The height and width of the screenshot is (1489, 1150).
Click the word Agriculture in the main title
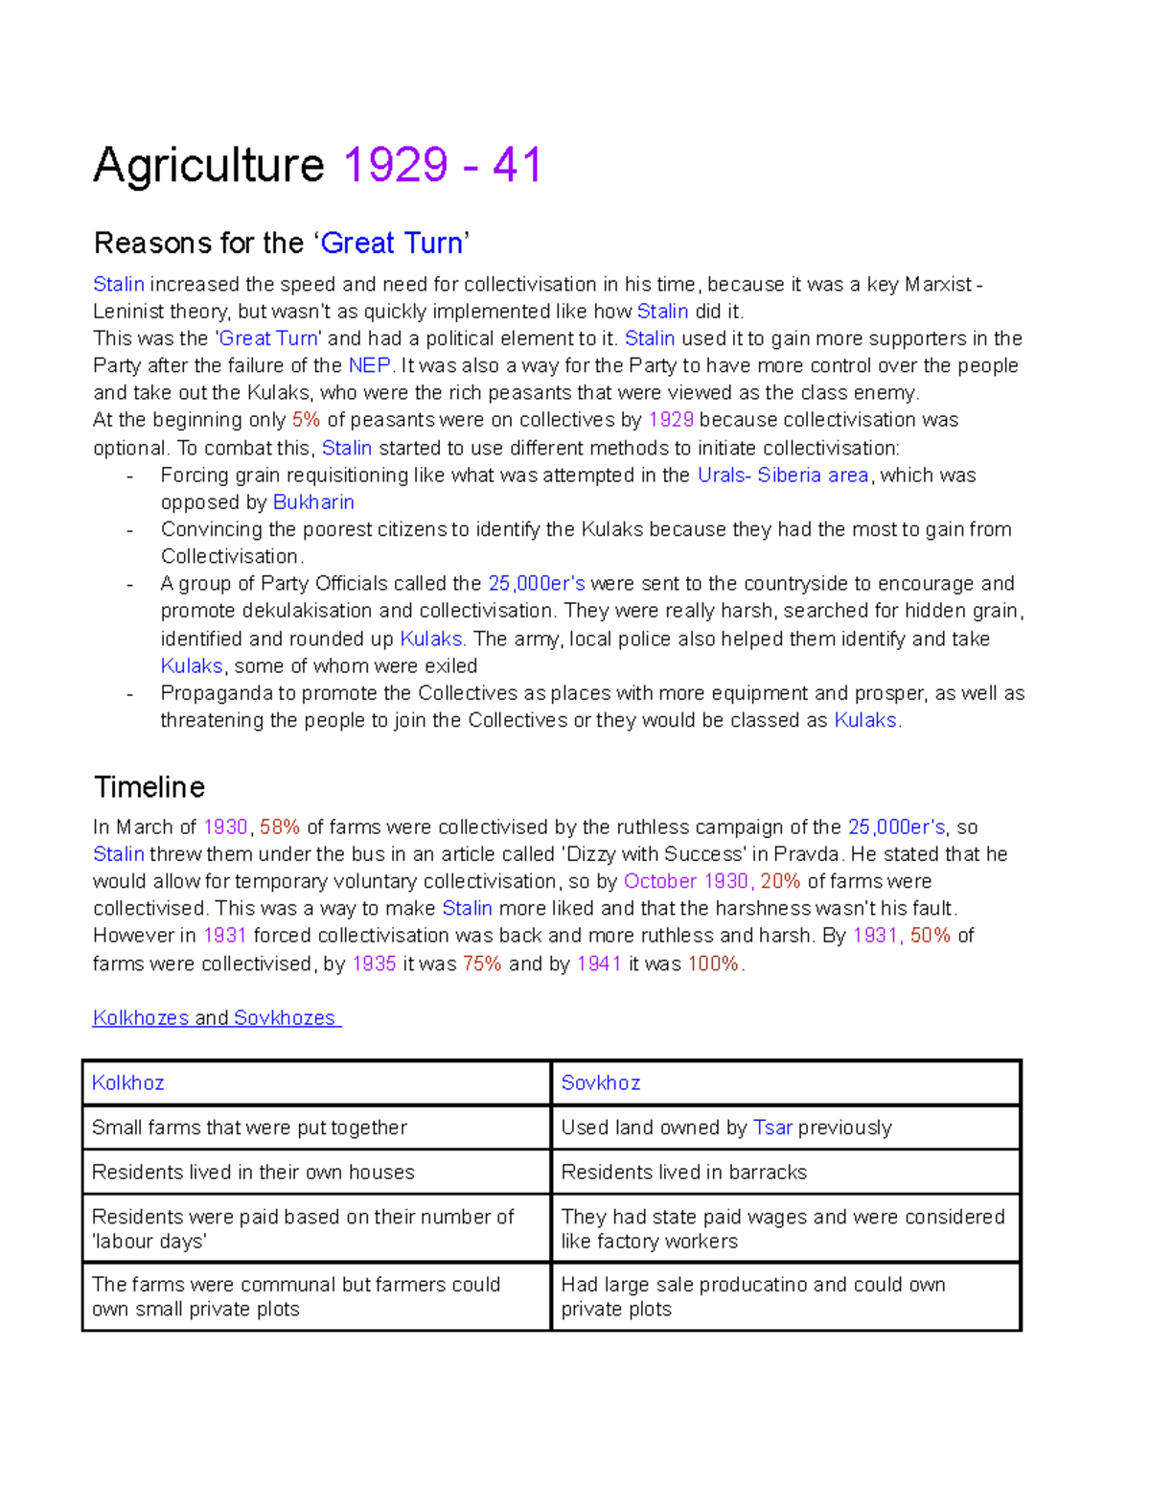[x=209, y=165]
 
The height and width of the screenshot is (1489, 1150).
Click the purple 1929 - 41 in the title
[x=442, y=165]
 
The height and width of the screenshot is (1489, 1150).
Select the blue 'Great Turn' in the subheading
[x=391, y=243]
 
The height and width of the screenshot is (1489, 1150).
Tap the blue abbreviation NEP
[x=369, y=365]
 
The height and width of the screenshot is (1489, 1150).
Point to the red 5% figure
[x=306, y=420]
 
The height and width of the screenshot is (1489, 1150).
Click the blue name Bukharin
[x=313, y=502]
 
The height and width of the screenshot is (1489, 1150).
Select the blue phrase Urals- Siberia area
[x=782, y=475]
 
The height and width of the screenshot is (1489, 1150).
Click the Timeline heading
[x=149, y=787]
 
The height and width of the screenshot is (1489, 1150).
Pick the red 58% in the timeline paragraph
[x=279, y=826]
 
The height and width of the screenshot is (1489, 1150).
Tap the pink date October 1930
[x=685, y=881]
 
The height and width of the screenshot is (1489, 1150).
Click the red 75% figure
[x=482, y=964]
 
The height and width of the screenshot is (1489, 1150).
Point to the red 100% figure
[x=713, y=964]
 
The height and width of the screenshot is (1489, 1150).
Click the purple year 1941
[x=599, y=964]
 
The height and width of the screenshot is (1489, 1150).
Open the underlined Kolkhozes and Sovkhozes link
[x=216, y=1018]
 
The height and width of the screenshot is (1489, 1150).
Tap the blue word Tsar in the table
[x=772, y=1128]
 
